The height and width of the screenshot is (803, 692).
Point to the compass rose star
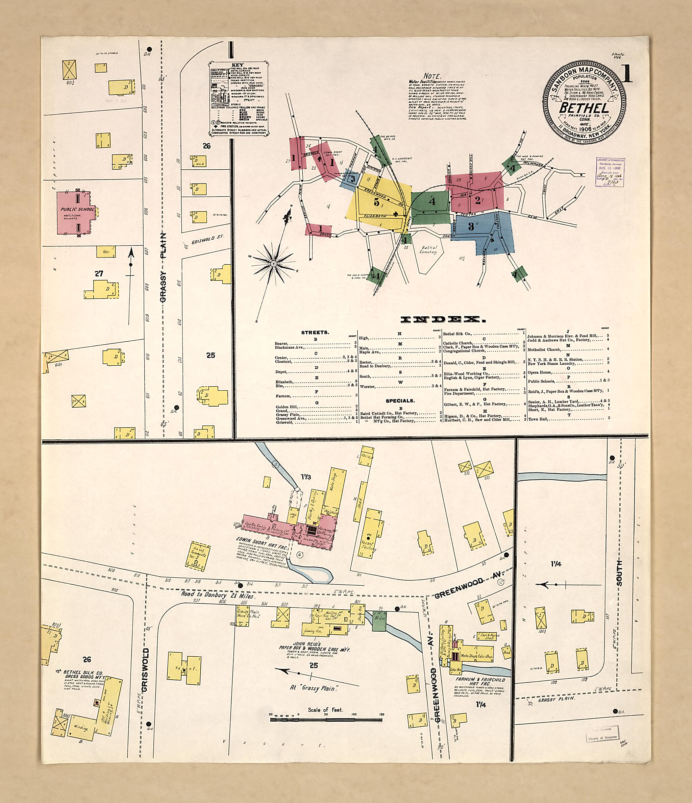[274, 264]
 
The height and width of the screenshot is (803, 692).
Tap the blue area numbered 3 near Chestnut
[471, 227]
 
